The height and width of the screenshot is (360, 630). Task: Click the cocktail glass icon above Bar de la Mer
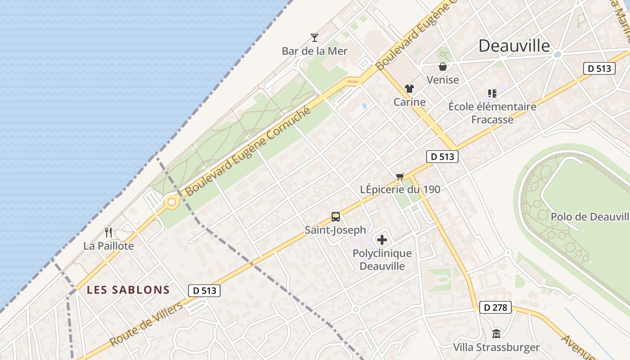point(315,37)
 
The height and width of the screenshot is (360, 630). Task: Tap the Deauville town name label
point(514,46)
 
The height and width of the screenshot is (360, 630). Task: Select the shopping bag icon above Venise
point(443,67)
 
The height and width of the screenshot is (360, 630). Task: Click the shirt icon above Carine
point(409,89)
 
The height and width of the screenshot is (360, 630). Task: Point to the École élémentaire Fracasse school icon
point(492,94)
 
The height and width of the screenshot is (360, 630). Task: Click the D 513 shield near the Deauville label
point(599,68)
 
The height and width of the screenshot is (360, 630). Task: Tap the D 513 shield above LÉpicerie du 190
point(442,157)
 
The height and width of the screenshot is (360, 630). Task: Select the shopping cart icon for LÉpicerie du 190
point(400,176)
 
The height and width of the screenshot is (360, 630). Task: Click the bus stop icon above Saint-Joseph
point(336,217)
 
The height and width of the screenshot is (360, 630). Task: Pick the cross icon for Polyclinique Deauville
point(382,240)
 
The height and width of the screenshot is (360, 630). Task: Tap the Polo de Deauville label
point(589,217)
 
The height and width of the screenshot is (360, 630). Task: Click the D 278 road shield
point(495,308)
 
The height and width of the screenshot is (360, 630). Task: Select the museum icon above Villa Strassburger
point(496,334)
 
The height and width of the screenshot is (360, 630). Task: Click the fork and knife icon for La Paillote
point(108,233)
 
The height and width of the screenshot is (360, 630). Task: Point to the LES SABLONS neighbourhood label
point(128,290)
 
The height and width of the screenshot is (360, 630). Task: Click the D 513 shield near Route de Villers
point(204,291)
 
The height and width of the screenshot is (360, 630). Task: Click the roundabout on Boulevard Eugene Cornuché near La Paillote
point(171,202)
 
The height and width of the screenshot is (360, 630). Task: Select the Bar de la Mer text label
point(315,51)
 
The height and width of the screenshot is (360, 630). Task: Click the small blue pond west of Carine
point(364,105)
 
